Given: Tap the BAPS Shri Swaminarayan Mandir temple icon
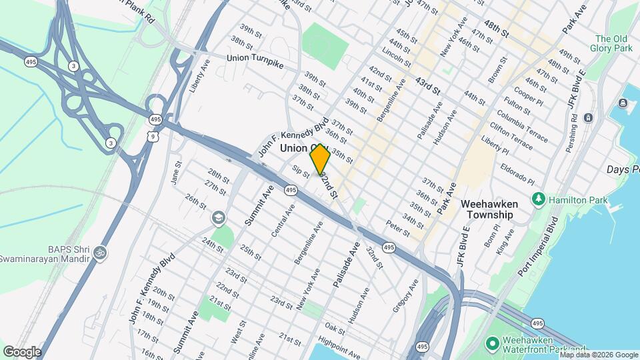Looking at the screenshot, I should (100, 253).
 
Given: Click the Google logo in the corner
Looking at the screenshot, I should (21, 351).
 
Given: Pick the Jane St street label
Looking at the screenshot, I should (177, 173).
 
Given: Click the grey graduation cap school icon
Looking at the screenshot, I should (218, 218).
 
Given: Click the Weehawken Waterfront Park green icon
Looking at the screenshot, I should (493, 343).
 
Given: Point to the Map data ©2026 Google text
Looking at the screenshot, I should (599, 355).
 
